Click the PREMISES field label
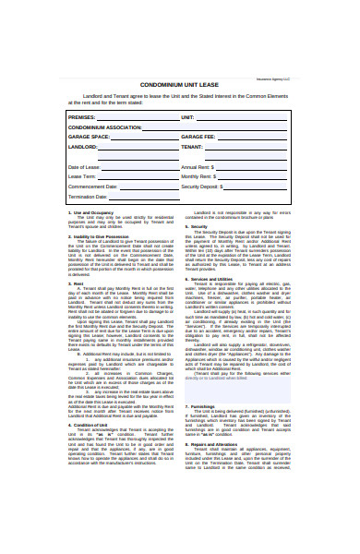[83, 118]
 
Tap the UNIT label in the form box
[187, 118]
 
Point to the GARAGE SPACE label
[90, 137]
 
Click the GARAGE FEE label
[197, 137]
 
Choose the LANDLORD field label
[84, 146]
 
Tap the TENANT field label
[192, 146]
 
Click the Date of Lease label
[85, 166]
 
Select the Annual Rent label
[197, 166]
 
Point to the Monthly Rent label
[198, 176]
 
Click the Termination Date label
[89, 197]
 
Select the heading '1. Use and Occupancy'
[91, 238]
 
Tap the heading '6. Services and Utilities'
[213, 305]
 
